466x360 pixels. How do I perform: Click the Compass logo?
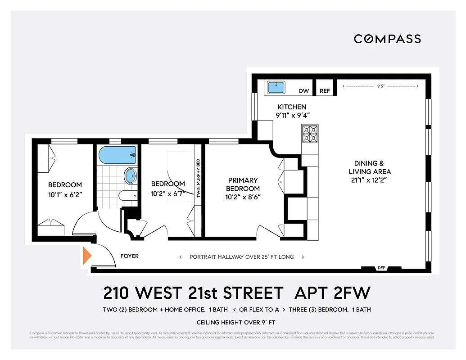pyautogui.click(x=387, y=39)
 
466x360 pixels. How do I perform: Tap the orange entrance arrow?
pyautogui.click(x=86, y=256)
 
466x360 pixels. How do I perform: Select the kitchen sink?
pyautogui.click(x=275, y=87)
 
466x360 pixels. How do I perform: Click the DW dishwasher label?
pyautogui.click(x=304, y=91)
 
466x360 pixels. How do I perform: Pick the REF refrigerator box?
pyautogui.click(x=325, y=91)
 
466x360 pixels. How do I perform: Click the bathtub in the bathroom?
pyautogui.click(x=117, y=155)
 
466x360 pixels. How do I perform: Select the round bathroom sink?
pyautogui.click(x=130, y=175)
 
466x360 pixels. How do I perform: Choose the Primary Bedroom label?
pyautogui.click(x=243, y=184)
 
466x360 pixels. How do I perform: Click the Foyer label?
pyautogui.click(x=130, y=256)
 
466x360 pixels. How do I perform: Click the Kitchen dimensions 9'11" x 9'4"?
pyautogui.click(x=292, y=115)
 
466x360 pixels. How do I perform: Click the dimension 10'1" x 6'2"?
pyautogui.click(x=65, y=194)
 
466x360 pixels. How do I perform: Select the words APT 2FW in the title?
pyautogui.click(x=332, y=293)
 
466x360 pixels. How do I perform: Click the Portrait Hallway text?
pyautogui.click(x=241, y=257)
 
